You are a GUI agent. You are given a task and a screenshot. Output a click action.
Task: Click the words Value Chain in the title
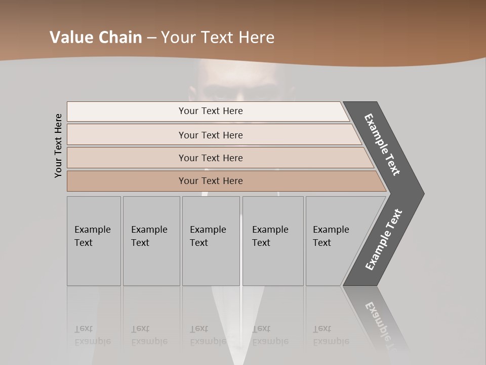(96, 38)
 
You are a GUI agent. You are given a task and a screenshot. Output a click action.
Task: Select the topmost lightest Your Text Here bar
(210, 111)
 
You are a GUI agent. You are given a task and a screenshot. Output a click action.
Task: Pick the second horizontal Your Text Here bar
(210, 135)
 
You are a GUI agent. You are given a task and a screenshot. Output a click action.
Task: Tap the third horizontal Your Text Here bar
(210, 158)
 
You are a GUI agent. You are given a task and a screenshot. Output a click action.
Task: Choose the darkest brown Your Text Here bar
(210, 181)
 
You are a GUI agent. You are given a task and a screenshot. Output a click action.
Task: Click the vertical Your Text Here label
(58, 145)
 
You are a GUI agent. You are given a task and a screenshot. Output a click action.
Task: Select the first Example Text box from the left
(94, 241)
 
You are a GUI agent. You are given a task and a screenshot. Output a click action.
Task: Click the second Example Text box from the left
(151, 241)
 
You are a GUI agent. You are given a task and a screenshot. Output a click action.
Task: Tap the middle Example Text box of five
(211, 241)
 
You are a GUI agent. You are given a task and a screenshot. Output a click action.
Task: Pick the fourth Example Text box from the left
(272, 241)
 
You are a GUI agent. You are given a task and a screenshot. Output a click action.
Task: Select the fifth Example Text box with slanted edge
(334, 241)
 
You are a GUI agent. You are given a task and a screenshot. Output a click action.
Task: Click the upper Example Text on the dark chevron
(383, 145)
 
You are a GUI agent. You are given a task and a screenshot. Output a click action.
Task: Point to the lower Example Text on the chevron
(384, 239)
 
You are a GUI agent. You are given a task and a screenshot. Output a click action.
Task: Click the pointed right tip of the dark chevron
(422, 193)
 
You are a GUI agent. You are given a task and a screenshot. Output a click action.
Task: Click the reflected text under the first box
(92, 335)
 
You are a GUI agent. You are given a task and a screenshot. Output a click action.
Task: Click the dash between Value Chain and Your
(151, 38)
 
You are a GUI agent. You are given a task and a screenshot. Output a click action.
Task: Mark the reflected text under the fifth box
(331, 335)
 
